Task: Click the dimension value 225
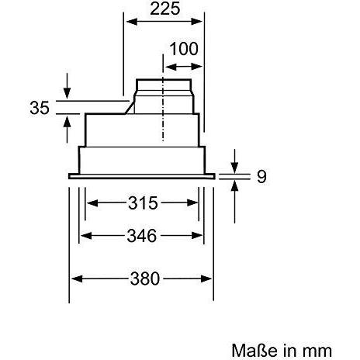tap(164, 9)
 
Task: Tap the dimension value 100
tap(184, 49)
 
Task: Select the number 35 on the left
tap(40, 108)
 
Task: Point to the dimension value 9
tap(261, 177)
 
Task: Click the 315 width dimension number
tap(143, 203)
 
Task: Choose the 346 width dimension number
tap(142, 236)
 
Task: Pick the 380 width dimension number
tap(145, 279)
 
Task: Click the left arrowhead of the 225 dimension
tap(132, 22)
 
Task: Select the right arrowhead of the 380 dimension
tap(206, 279)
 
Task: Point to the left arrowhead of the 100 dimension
tap(171, 67)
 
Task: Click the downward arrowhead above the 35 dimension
tap(67, 93)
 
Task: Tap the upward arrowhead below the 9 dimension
tap(234, 186)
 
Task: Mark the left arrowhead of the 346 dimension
tap(86, 236)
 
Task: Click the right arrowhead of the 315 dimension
tap(192, 202)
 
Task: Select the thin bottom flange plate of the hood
tap(142, 176)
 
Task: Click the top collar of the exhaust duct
tap(164, 85)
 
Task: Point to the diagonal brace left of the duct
tap(130, 108)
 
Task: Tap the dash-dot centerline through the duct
tap(163, 98)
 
